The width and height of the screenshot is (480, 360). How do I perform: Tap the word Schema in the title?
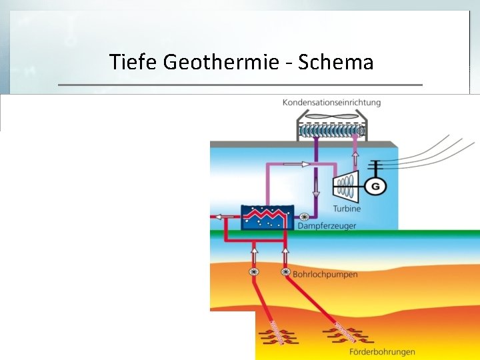[336, 63]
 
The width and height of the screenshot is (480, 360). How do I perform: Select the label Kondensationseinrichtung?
[331, 102]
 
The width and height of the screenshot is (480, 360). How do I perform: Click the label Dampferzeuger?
[327, 226]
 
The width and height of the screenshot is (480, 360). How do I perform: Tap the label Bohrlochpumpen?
[325, 274]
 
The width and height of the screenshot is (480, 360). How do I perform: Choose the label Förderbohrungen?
[382, 351]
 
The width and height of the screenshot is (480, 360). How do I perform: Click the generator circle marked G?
[375, 186]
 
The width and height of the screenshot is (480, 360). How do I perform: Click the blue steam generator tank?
[267, 217]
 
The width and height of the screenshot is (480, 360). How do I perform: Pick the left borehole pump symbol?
[253, 272]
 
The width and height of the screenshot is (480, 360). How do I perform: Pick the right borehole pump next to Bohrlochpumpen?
[285, 272]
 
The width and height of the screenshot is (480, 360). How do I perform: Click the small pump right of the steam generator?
[305, 217]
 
